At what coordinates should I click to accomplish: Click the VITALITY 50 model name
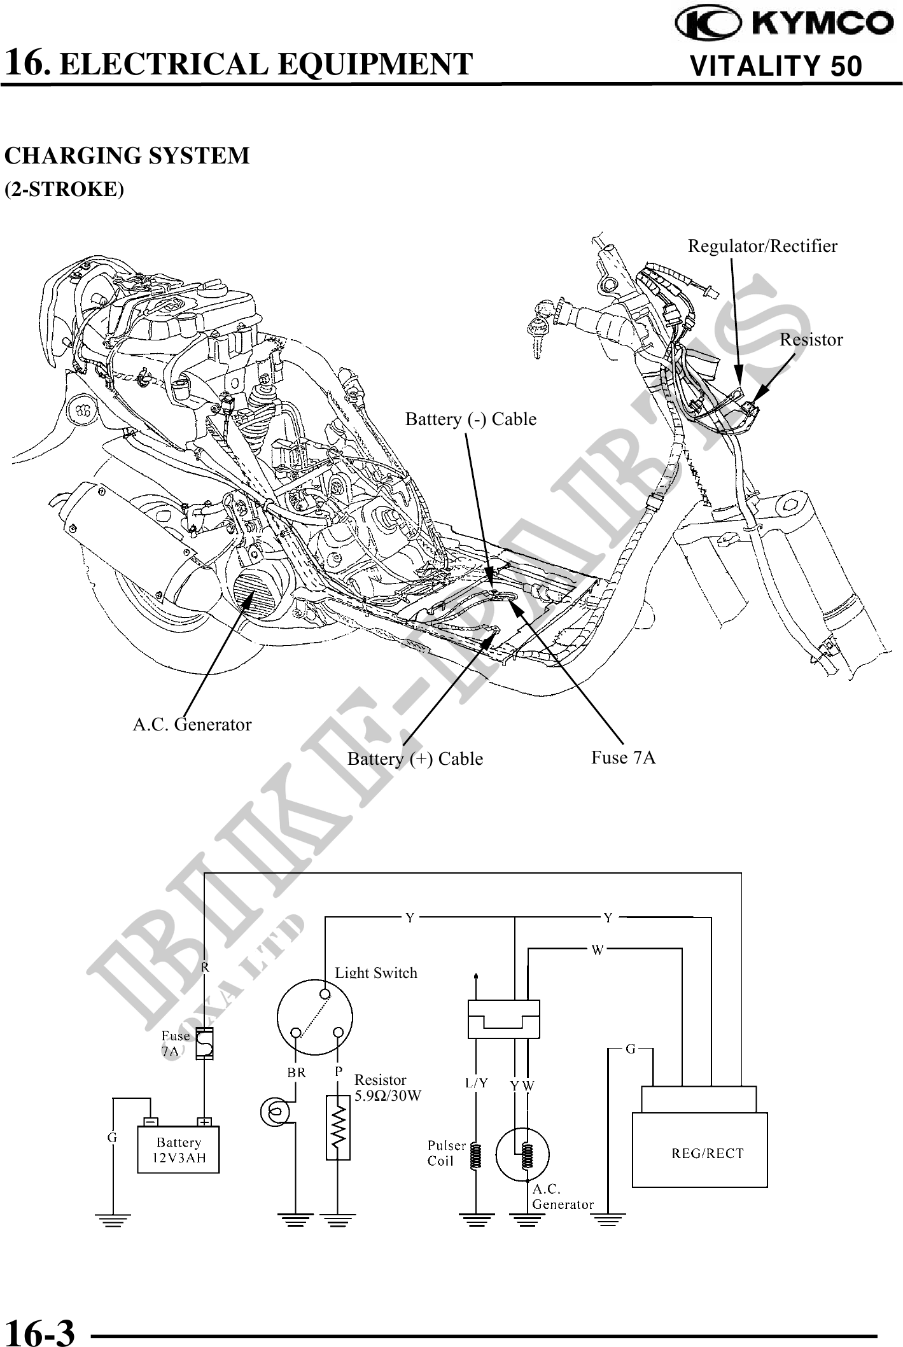(x=776, y=66)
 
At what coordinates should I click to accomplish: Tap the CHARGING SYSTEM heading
(x=127, y=156)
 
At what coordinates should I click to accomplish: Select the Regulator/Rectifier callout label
(x=762, y=246)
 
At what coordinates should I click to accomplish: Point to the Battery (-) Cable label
(x=471, y=419)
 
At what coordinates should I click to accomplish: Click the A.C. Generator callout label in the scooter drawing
(x=192, y=725)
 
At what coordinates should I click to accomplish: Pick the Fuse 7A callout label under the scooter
(x=623, y=758)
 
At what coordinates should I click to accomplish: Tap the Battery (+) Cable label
(x=415, y=759)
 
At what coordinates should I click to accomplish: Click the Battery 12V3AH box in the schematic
(x=179, y=1150)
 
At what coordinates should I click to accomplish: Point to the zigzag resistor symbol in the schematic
(x=338, y=1127)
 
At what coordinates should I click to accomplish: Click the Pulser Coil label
(x=446, y=1153)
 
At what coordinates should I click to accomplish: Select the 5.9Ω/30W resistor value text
(x=388, y=1096)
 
